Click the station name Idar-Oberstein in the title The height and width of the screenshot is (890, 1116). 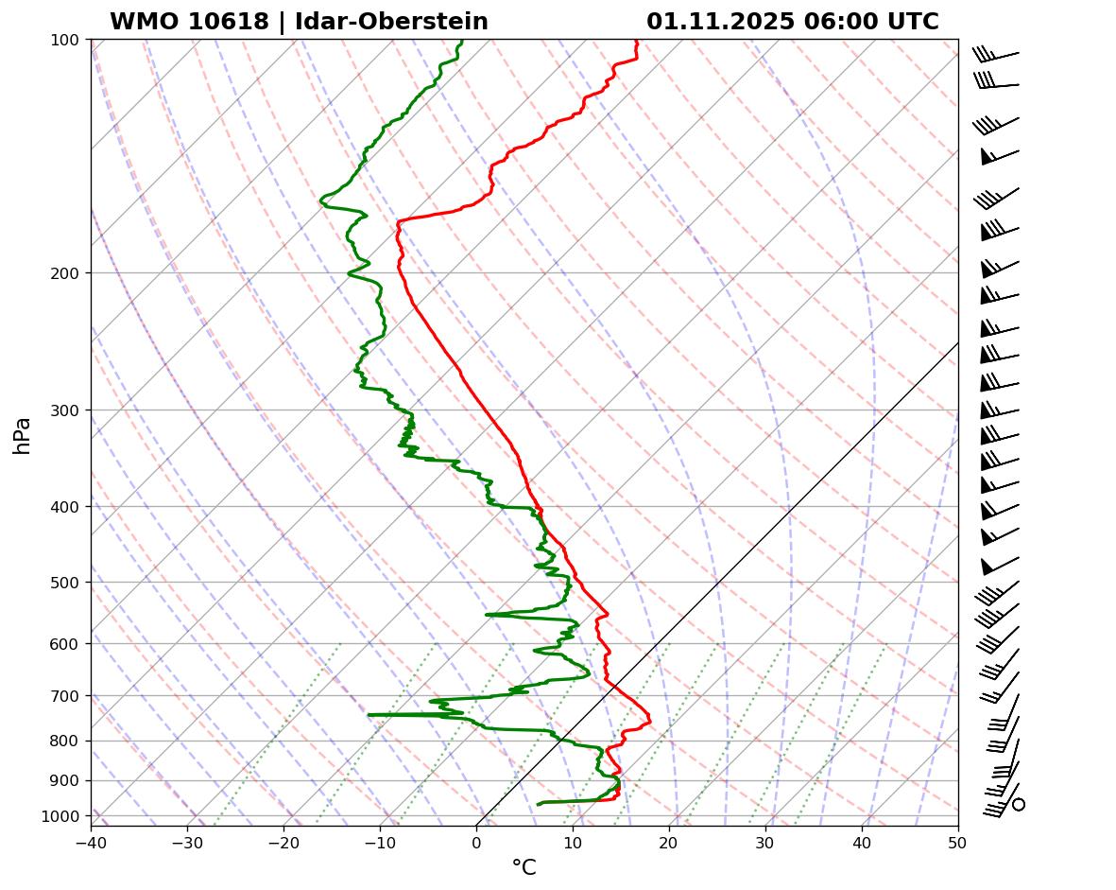click(x=391, y=22)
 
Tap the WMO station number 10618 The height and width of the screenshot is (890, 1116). click(x=189, y=22)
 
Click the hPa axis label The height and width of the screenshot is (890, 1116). click(x=23, y=435)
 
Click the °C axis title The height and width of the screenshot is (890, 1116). click(x=524, y=867)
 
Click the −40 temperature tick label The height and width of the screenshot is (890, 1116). click(x=91, y=839)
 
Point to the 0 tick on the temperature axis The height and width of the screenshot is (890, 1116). click(x=476, y=839)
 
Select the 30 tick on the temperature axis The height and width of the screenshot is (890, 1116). click(x=765, y=839)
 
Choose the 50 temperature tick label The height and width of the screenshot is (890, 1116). click(x=958, y=839)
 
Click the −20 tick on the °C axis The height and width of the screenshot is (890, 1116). click(x=283, y=839)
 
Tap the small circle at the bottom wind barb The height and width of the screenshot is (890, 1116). click(x=1019, y=804)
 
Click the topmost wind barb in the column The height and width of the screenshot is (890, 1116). click(x=996, y=55)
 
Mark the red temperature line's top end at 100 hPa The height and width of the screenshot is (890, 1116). click(x=636, y=42)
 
